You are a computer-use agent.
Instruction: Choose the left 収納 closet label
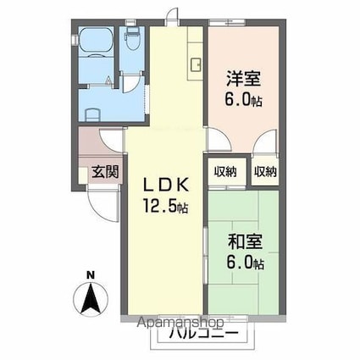point(225,171)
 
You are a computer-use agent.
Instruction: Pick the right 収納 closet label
point(264,171)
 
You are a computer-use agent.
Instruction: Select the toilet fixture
point(133,37)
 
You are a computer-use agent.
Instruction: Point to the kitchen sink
point(195,64)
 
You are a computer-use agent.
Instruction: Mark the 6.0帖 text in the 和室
point(246,263)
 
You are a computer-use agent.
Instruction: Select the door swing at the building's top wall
point(173,14)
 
